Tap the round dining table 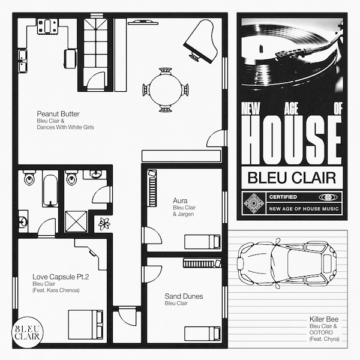click(x=166, y=89)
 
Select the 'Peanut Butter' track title click(x=58, y=114)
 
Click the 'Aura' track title click(x=180, y=201)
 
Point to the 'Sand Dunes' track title click(x=184, y=296)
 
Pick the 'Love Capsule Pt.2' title click(x=61, y=277)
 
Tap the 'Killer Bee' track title click(x=324, y=319)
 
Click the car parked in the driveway click(x=287, y=262)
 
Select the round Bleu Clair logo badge click(x=28, y=332)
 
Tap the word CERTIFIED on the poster click(x=283, y=197)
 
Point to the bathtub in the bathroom click(x=50, y=191)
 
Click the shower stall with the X click(x=76, y=222)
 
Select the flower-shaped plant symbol click(x=104, y=224)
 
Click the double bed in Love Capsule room click(x=85, y=325)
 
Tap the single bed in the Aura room click(x=202, y=242)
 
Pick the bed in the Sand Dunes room click(x=202, y=334)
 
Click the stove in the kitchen click(x=47, y=26)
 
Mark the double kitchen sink click(x=22, y=61)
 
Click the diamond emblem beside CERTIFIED click(x=254, y=203)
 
